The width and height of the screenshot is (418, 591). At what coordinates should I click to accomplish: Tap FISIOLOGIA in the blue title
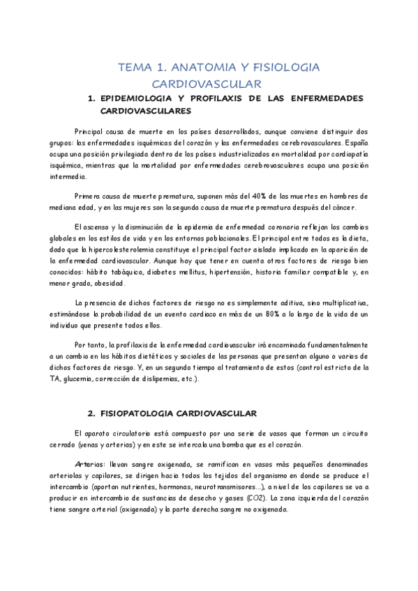coord(283,68)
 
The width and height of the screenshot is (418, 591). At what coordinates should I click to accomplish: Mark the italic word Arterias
coord(88,464)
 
